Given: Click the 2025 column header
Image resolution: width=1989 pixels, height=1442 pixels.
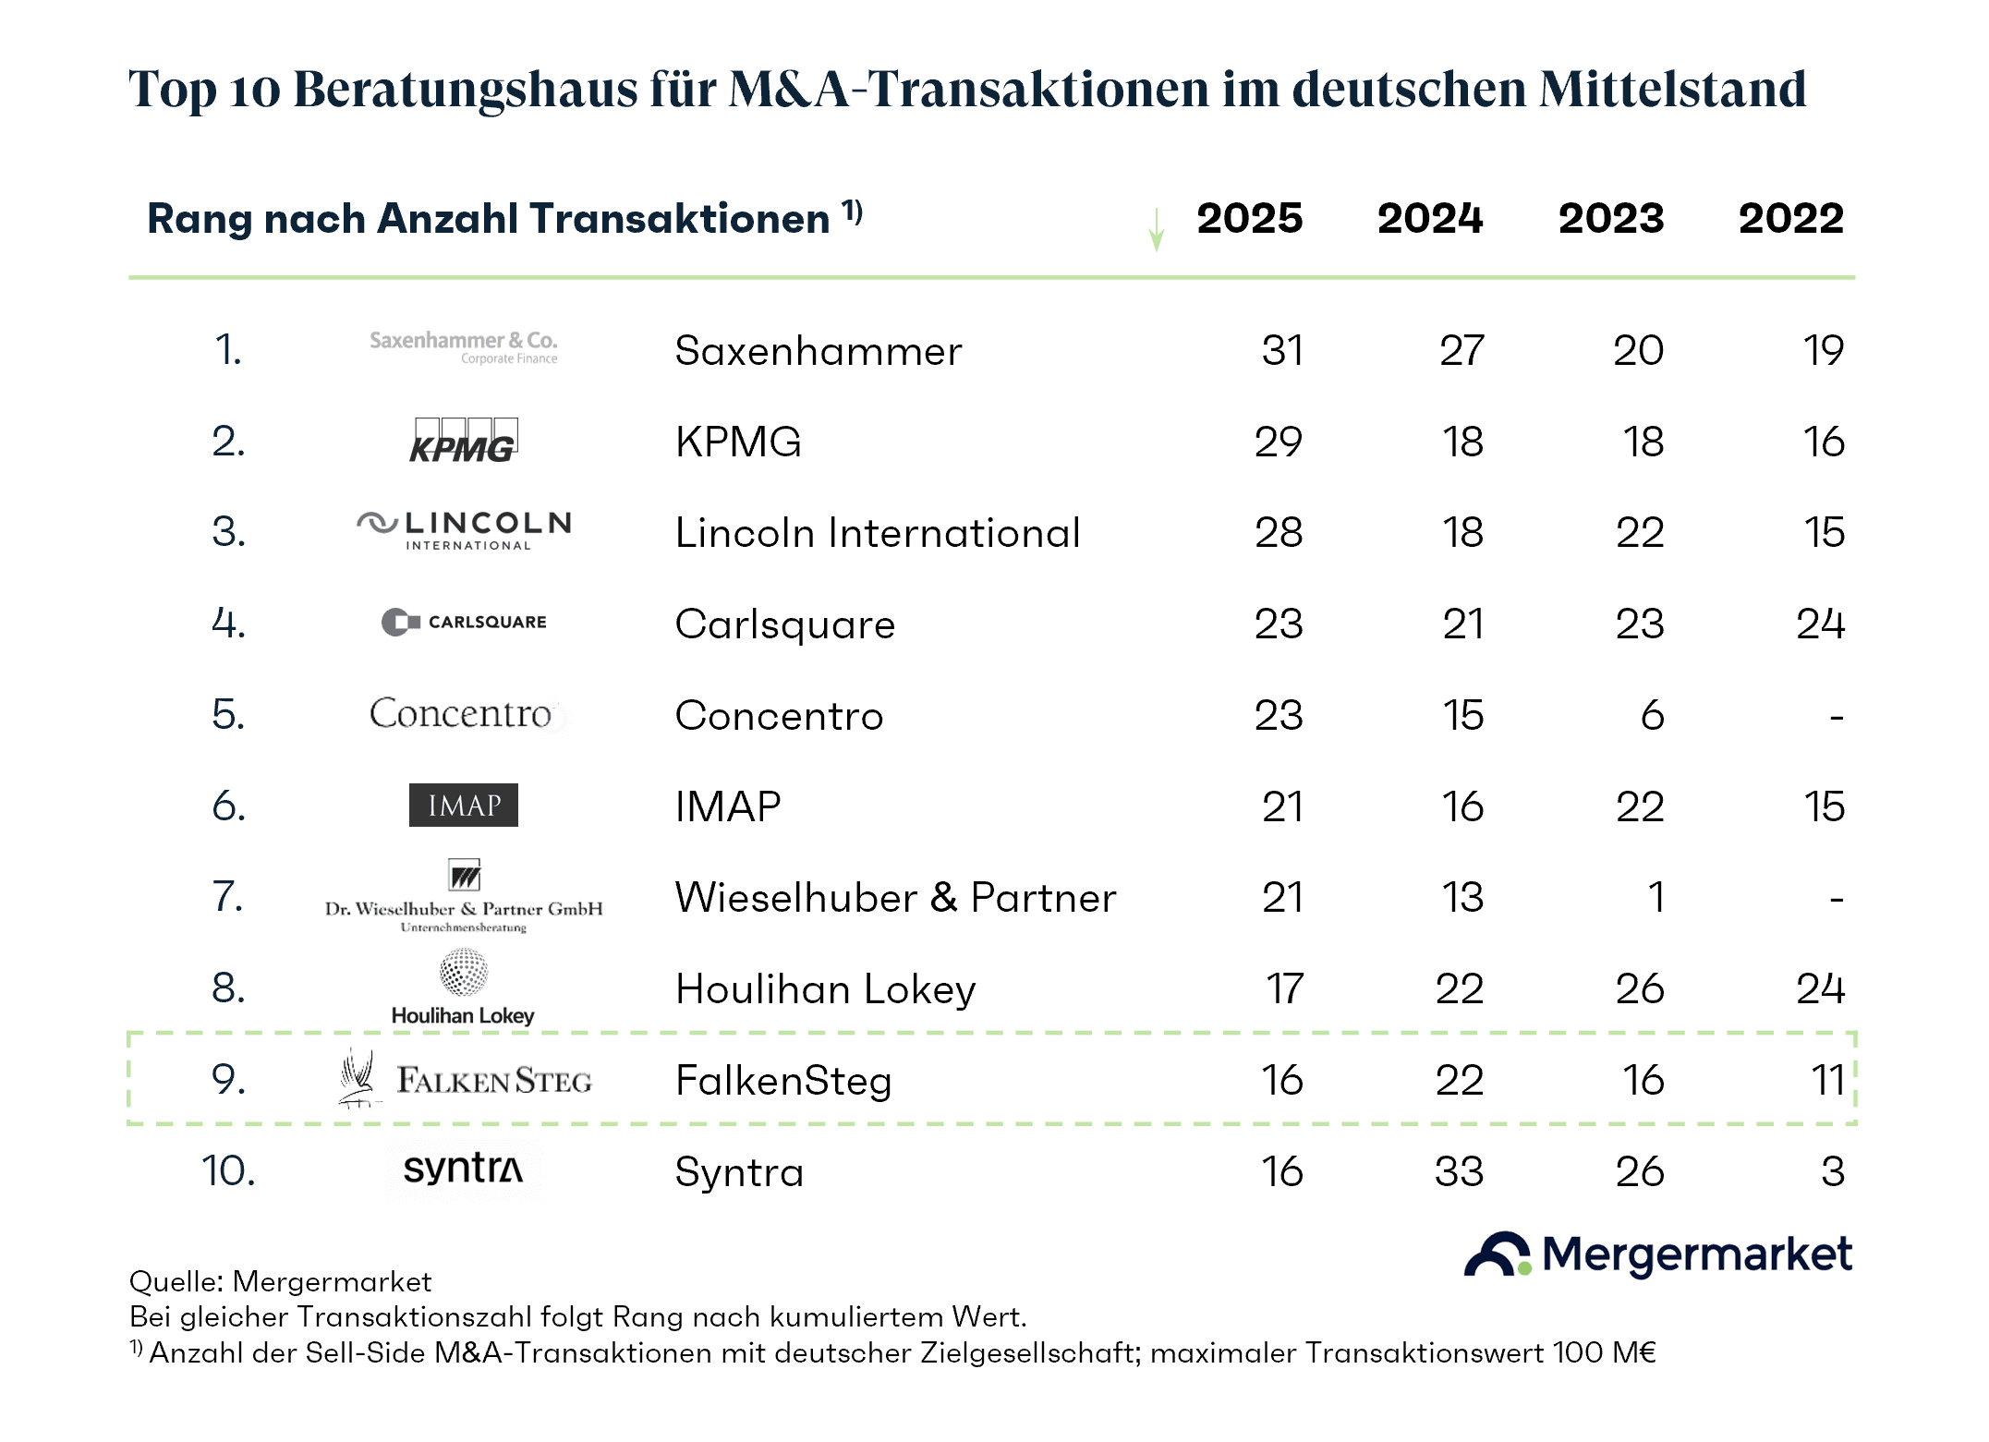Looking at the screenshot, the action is (x=1249, y=219).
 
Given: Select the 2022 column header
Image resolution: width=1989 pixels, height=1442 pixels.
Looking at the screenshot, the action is (x=1790, y=219).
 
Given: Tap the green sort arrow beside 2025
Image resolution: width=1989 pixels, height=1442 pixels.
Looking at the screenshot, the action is (x=1156, y=229).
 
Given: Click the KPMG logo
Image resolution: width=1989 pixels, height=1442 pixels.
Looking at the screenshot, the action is (x=463, y=440).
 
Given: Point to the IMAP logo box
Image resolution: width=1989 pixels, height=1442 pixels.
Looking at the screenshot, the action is (x=463, y=806).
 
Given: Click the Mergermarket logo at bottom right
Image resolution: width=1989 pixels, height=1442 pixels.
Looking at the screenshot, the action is (x=1657, y=1254).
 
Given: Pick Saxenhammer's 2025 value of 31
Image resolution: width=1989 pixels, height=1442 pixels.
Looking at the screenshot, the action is (x=1282, y=351).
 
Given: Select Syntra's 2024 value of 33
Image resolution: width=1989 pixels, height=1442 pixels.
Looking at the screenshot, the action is (x=1459, y=1171).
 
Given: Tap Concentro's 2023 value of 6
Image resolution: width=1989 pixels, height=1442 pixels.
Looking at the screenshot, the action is (x=1652, y=715).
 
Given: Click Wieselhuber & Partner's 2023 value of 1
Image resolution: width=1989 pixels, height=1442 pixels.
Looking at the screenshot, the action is (x=1656, y=898).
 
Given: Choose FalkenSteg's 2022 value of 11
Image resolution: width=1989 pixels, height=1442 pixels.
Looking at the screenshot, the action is (x=1827, y=1081).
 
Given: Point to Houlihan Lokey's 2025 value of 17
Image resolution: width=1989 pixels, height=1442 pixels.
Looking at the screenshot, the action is (x=1284, y=989).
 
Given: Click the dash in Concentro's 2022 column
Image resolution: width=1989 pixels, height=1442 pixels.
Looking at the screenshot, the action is (x=1837, y=717).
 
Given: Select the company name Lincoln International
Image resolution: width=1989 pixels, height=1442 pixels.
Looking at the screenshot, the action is (x=878, y=533).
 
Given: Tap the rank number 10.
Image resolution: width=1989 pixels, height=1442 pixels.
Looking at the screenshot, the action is (x=228, y=1171).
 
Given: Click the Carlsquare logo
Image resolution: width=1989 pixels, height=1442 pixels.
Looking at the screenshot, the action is (x=464, y=622).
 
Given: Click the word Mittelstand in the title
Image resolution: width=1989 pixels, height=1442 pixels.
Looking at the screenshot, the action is (x=1672, y=90).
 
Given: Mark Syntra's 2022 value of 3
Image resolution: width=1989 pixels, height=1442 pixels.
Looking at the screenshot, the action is (x=1833, y=1171).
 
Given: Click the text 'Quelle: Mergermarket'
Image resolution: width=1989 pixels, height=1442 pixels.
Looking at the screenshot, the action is (x=280, y=1281).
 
